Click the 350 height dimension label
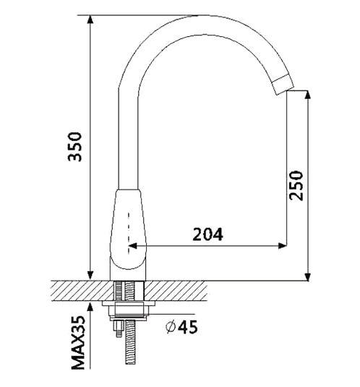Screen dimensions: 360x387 pos(74,147)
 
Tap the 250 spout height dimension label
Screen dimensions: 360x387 pos(296,185)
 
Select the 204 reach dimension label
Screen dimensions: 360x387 pos(208,234)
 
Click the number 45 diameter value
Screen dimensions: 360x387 pos(188,327)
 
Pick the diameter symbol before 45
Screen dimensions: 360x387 pos(171,327)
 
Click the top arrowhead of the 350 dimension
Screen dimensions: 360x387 pos(91,20)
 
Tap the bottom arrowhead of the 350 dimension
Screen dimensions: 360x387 pos(91,276)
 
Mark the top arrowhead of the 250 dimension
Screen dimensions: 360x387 pos(307,95)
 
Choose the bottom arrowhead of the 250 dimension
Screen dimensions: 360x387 pos(307,276)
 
